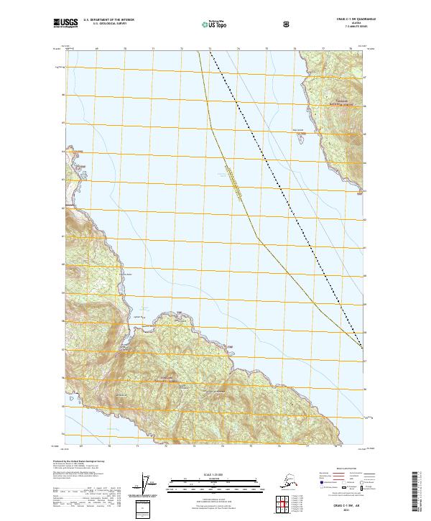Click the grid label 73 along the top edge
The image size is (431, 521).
210,49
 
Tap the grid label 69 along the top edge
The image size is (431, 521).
96,49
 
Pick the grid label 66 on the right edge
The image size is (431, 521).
364,104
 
